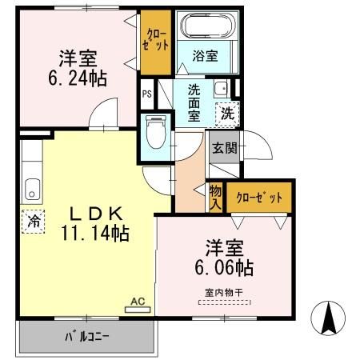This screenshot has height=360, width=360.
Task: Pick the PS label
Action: (146, 93)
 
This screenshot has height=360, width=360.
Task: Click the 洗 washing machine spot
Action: (227, 114)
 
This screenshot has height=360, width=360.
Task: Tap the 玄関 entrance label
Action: (223, 147)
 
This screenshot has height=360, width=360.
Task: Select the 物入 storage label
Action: (215, 196)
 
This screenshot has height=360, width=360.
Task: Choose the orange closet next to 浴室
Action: (152, 40)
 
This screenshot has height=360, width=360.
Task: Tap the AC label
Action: (137, 302)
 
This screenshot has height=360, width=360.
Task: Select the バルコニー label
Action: (87, 337)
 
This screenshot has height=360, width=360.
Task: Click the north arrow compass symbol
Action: (329, 318)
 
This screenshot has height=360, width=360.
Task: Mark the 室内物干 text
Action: (223, 292)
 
